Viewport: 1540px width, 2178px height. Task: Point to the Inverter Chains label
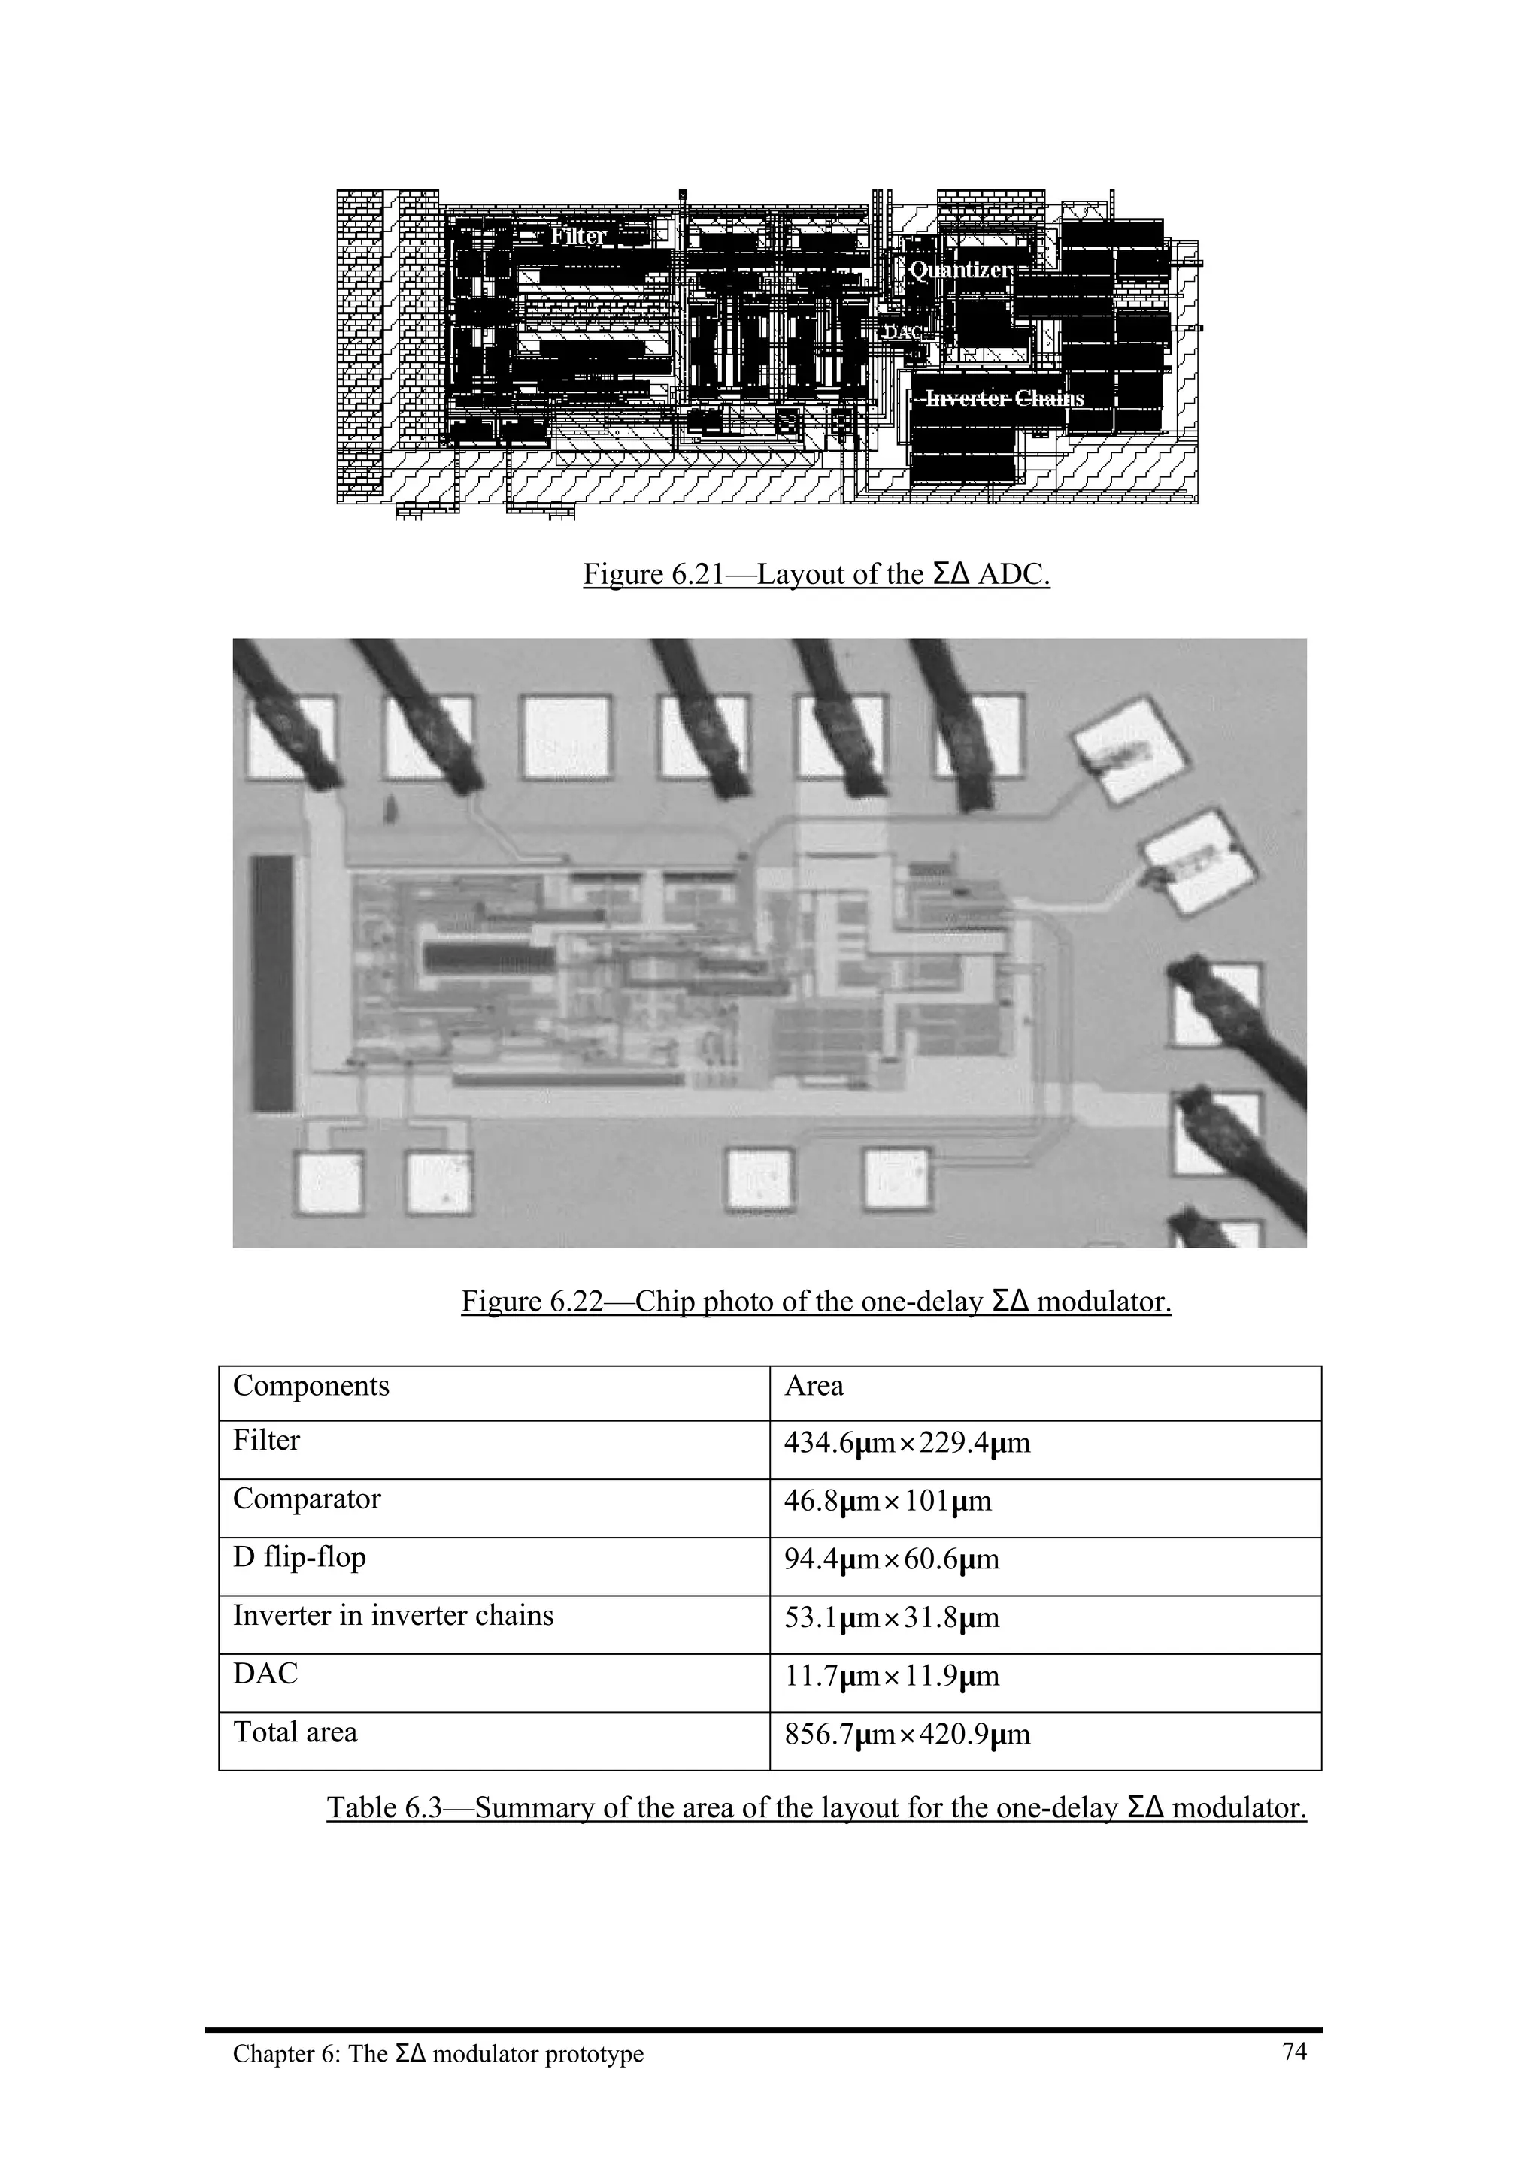tap(1004, 398)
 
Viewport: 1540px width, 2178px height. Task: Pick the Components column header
tap(311, 1387)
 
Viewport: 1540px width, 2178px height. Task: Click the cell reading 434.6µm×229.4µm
tap(906, 1444)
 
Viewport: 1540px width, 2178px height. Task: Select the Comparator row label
tap(307, 1499)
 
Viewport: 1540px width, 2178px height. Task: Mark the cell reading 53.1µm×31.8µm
tap(891, 1617)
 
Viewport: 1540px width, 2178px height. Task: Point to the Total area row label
tap(295, 1732)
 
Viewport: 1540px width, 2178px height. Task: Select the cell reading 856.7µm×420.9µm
tap(906, 1735)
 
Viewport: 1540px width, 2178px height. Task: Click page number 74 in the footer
tap(1294, 2052)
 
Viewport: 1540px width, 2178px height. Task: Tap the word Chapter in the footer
tap(265, 2055)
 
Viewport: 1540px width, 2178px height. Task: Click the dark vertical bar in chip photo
tap(272, 983)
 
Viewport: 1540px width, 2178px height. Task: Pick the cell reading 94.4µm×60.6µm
tap(891, 1559)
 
